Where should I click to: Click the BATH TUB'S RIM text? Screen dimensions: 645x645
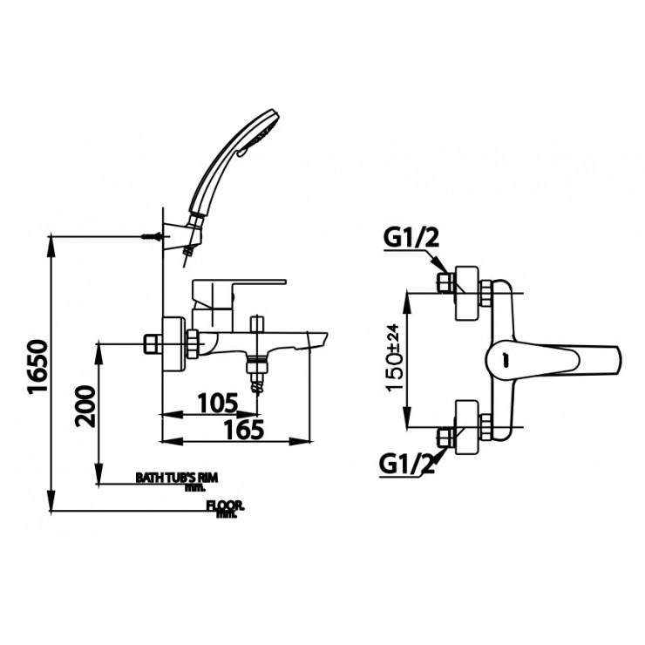174,478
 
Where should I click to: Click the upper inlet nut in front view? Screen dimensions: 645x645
445,283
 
